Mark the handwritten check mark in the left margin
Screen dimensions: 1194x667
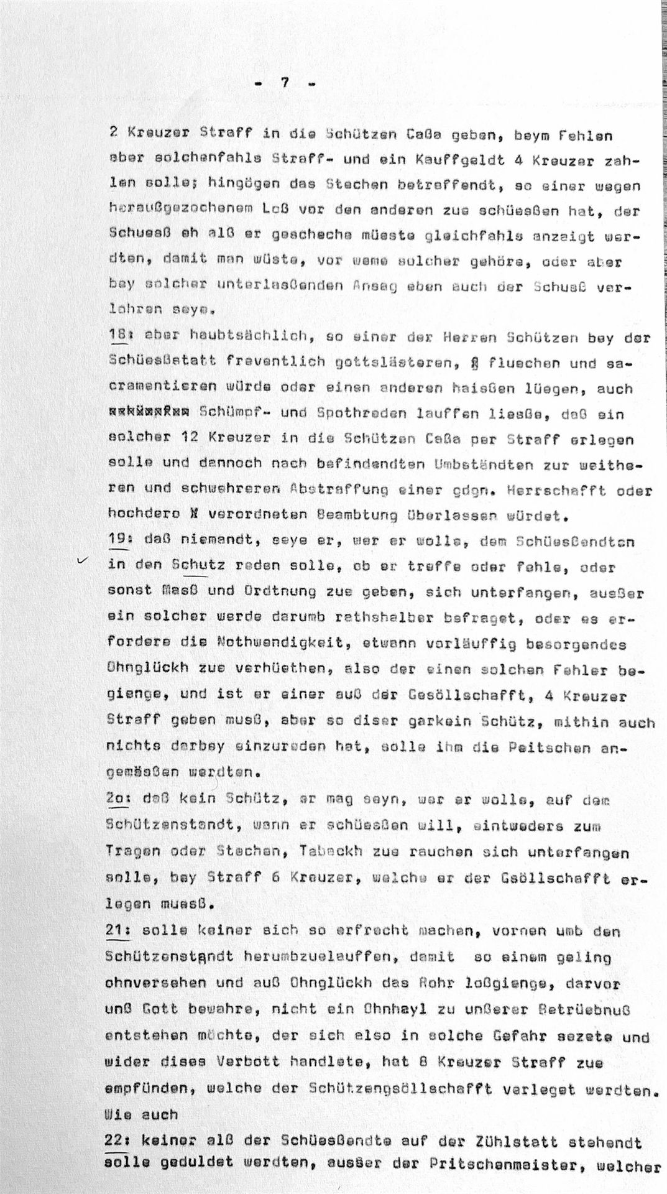(80, 562)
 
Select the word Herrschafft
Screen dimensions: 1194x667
(559, 490)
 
